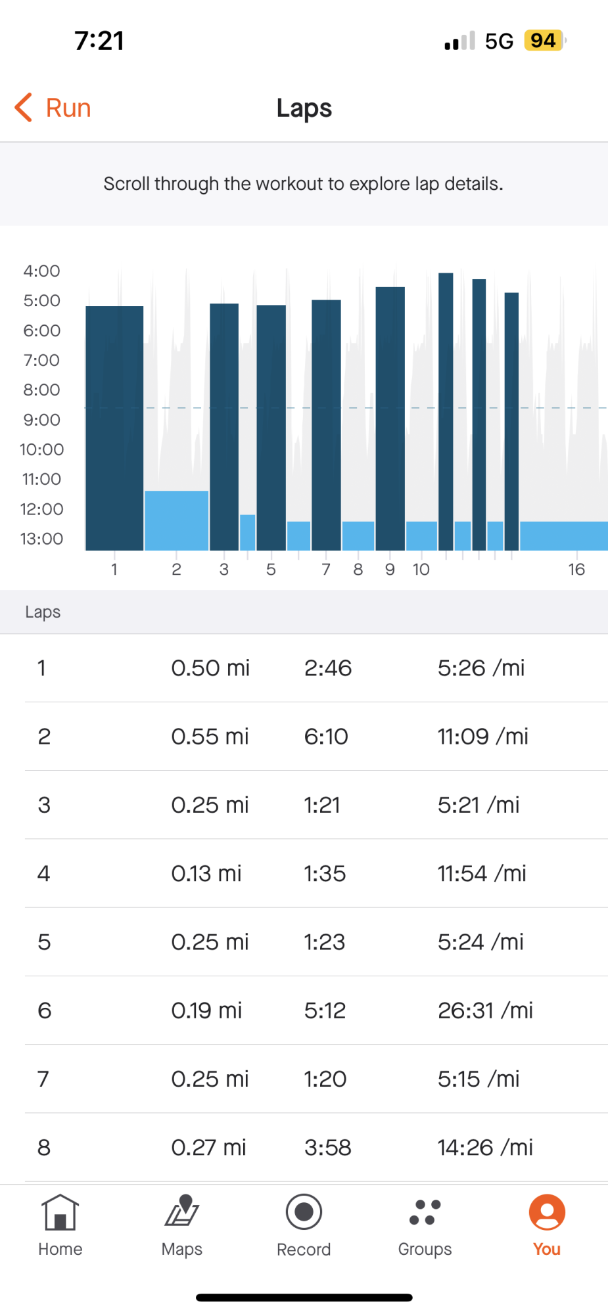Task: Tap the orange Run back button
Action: [x=53, y=108]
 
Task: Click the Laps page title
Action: [x=304, y=108]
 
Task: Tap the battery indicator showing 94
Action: [x=544, y=41]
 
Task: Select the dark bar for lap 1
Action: [x=114, y=427]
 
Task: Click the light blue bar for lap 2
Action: [x=176, y=520]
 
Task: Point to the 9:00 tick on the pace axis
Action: [x=41, y=420]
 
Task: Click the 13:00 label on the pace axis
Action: [x=41, y=539]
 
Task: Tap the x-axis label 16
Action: [x=576, y=570]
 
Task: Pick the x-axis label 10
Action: [x=421, y=570]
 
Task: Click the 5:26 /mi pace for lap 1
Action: [x=481, y=668]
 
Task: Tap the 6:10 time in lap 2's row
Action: [x=326, y=736]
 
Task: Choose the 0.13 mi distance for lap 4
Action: [x=206, y=874]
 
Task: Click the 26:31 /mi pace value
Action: [x=485, y=1010]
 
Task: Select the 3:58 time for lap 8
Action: [x=327, y=1148]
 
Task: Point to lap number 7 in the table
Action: [x=43, y=1079]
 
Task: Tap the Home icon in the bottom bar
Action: [x=60, y=1212]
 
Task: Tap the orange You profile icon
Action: [x=547, y=1212]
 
